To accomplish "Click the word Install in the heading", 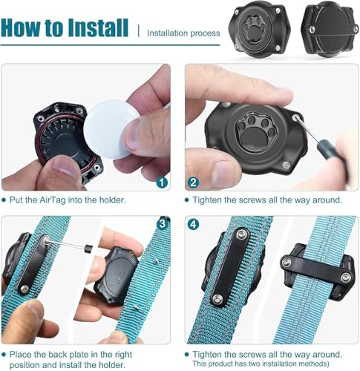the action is tap(98, 27).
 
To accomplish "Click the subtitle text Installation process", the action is tap(183, 33).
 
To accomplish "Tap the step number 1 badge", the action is tap(162, 183).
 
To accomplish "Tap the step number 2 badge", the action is tap(193, 183).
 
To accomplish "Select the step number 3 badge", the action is tap(162, 224).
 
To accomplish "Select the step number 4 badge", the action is tap(193, 224).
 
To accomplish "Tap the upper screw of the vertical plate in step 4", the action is tap(240, 234).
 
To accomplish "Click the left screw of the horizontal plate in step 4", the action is tap(287, 262).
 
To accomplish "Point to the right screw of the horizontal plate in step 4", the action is tap(346, 277).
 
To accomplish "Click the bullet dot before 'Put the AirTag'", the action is tap(4, 200).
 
